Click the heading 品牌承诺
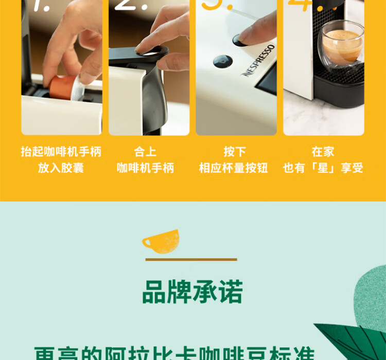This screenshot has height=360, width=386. point(192,292)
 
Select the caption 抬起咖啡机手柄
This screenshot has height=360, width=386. point(61,152)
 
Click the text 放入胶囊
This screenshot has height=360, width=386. point(61,168)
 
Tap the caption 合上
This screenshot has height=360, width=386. point(145,152)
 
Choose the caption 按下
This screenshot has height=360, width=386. point(235,152)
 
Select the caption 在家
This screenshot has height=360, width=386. point(323,152)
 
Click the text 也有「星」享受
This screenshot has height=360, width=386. point(323,168)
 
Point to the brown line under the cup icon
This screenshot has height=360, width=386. point(191,260)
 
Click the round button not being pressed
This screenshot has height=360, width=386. point(222,61)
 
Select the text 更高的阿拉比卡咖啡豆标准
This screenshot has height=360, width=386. point(174,354)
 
